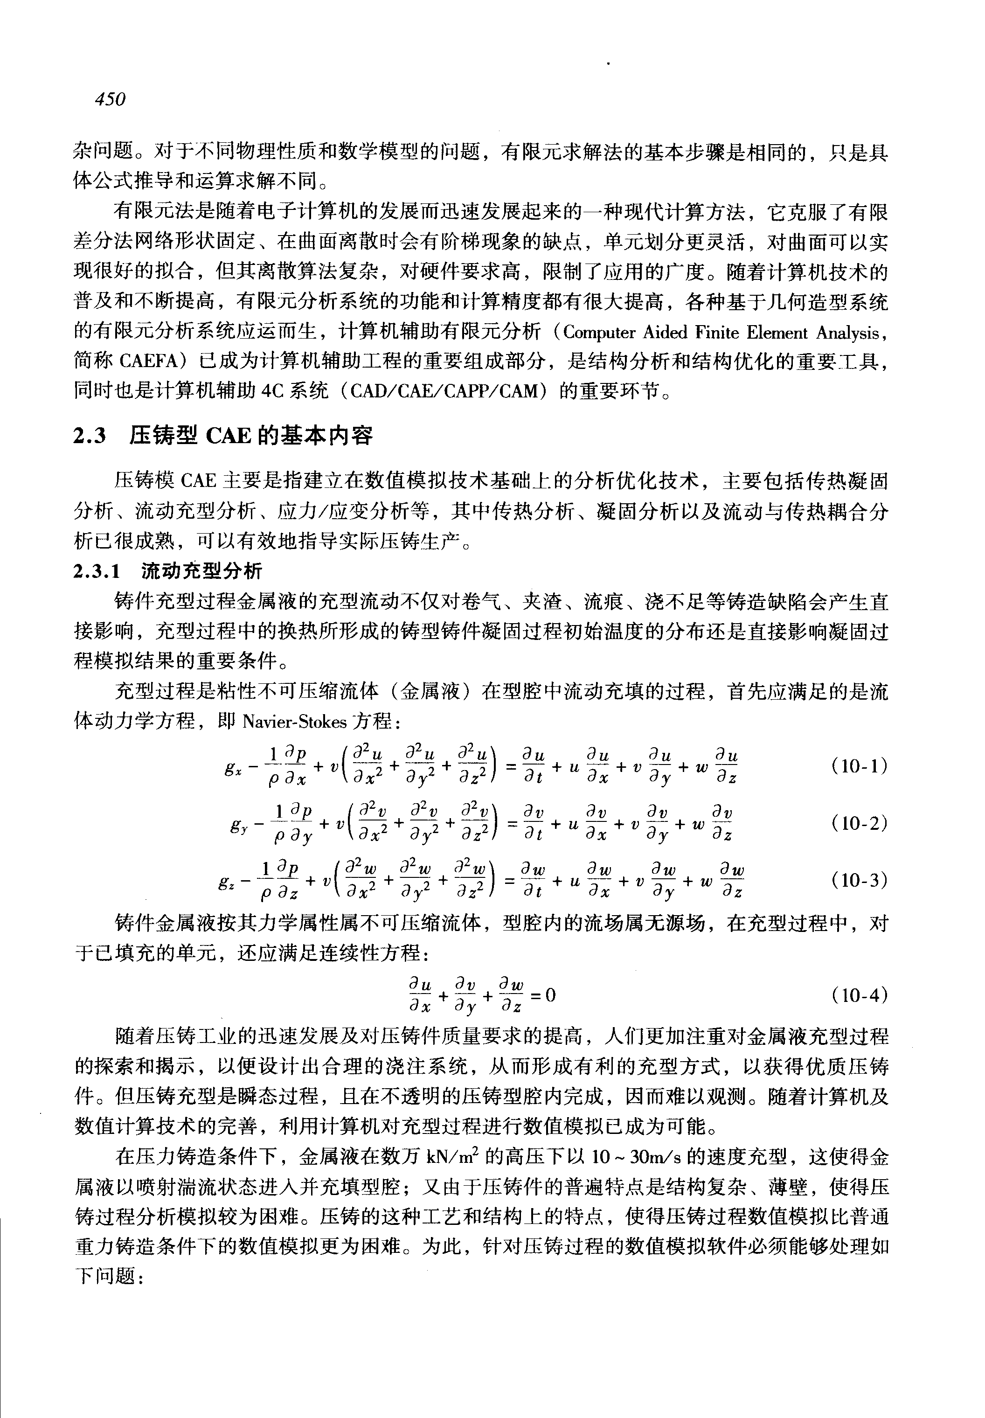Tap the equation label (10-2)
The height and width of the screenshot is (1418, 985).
click(x=859, y=823)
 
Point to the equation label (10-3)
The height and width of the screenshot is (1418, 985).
click(x=859, y=880)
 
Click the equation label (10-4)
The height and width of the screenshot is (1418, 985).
click(x=859, y=995)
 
